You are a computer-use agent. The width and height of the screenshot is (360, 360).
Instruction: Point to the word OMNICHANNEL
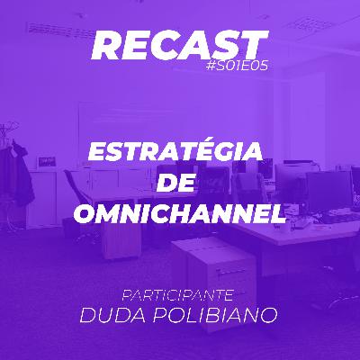tap(179, 214)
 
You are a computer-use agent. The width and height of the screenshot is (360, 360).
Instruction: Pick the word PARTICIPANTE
tap(179, 294)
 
